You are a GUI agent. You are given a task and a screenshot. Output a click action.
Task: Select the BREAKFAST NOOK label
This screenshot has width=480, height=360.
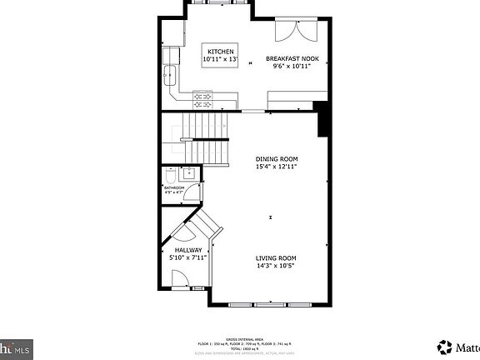coord(292,58)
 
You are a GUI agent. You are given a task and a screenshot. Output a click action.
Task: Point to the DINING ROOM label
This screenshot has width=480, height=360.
coord(277,158)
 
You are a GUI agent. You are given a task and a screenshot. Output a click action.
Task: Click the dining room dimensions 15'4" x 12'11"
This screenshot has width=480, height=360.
coord(277,167)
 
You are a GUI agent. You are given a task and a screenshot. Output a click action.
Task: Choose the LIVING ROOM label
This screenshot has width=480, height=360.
coord(276,258)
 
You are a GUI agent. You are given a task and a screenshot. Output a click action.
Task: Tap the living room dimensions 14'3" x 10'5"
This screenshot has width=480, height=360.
coord(276,267)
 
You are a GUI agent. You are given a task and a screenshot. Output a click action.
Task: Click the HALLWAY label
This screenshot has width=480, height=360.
coord(187,250)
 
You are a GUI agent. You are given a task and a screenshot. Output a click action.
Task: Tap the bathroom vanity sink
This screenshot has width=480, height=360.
coord(189,174)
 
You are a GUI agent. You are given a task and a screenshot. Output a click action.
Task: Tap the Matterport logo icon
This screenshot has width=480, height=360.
coord(446,346)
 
